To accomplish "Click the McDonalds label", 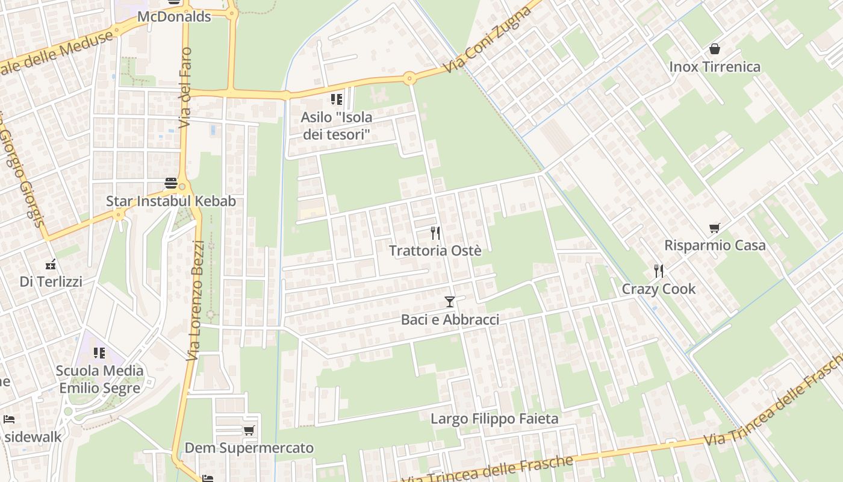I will [x=174, y=16].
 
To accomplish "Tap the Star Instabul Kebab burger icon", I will [x=171, y=183].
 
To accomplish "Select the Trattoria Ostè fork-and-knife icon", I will [x=435, y=233].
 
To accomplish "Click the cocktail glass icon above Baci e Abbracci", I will [x=450, y=301].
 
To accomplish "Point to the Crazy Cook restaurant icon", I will [x=659, y=271].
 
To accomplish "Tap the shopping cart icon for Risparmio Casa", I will [x=715, y=228].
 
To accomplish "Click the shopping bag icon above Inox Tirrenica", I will [x=715, y=49].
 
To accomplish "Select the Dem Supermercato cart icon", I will [x=249, y=430].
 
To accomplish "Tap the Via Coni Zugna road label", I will [x=489, y=40].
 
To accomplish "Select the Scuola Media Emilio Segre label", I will [x=99, y=379].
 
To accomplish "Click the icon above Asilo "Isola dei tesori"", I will [x=336, y=99].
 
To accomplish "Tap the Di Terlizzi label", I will [x=51, y=281].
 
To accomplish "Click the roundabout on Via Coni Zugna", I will [x=409, y=78].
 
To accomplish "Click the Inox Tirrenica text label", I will [x=715, y=66].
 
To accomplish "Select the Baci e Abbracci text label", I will [x=450, y=319].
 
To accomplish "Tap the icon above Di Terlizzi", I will [x=51, y=264].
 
